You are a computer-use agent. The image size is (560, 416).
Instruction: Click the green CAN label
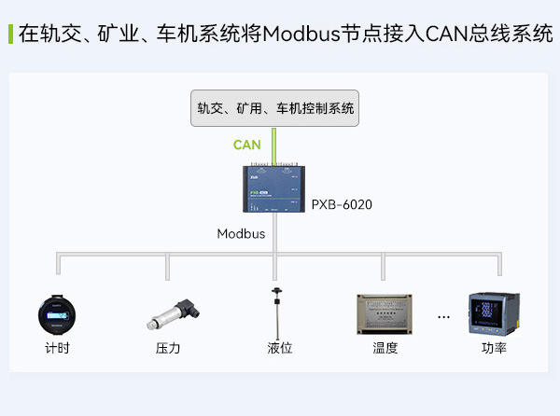246,145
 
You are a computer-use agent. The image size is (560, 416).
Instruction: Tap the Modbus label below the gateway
241,233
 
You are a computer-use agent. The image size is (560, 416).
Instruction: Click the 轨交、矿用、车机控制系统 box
275,108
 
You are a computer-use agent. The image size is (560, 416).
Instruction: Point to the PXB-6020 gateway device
274,190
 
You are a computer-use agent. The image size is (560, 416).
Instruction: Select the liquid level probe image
276,312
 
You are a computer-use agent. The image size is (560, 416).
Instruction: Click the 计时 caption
57,349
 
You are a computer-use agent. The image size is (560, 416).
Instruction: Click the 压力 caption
168,349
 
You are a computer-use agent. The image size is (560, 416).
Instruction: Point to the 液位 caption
279,349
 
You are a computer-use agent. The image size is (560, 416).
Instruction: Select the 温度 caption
385,349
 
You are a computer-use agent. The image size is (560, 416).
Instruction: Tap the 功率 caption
494,349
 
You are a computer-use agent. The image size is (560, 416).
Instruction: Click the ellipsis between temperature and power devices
443,318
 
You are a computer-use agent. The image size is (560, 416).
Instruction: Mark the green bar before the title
9,35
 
